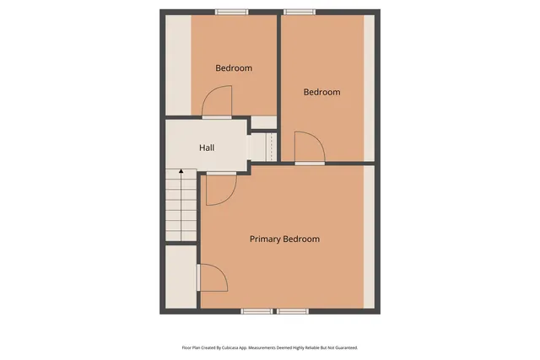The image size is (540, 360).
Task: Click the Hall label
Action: (207, 148)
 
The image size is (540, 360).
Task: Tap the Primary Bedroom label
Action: (284, 239)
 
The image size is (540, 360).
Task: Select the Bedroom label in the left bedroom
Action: (234, 68)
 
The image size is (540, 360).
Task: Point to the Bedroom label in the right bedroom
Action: (321, 93)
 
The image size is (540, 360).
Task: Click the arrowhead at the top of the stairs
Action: (181, 172)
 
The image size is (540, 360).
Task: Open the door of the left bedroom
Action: (216, 105)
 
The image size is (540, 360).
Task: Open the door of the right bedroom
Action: (308, 150)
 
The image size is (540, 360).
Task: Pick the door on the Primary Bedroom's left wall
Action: (210, 278)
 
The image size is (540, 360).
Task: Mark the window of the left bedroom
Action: (232, 12)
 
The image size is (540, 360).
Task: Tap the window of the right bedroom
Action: (299, 12)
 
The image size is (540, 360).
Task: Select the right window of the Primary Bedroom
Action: (293, 311)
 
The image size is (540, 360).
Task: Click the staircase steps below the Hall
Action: (181, 207)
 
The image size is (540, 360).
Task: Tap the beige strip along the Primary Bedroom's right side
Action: (368, 237)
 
